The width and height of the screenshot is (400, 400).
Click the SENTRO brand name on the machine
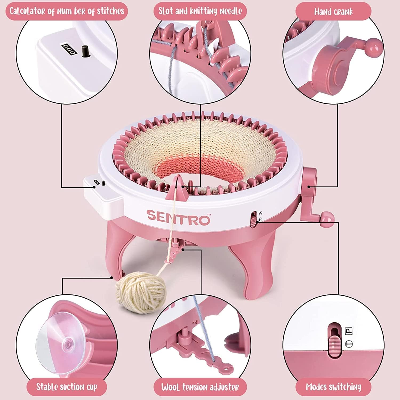click(x=178, y=217)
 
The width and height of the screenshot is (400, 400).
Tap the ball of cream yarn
click(x=140, y=292)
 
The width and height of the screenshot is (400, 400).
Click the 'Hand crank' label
click(x=333, y=12)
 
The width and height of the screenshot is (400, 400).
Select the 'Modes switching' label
click(x=333, y=387)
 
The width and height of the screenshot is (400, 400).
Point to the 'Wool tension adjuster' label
click(x=200, y=387)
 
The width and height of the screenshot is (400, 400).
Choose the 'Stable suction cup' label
click(x=67, y=387)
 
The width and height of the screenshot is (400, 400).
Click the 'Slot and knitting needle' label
click(x=200, y=11)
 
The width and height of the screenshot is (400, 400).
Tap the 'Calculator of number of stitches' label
click(x=67, y=11)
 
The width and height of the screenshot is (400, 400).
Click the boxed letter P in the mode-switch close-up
click(x=349, y=331)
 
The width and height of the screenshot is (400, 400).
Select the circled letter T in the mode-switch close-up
click(x=348, y=344)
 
